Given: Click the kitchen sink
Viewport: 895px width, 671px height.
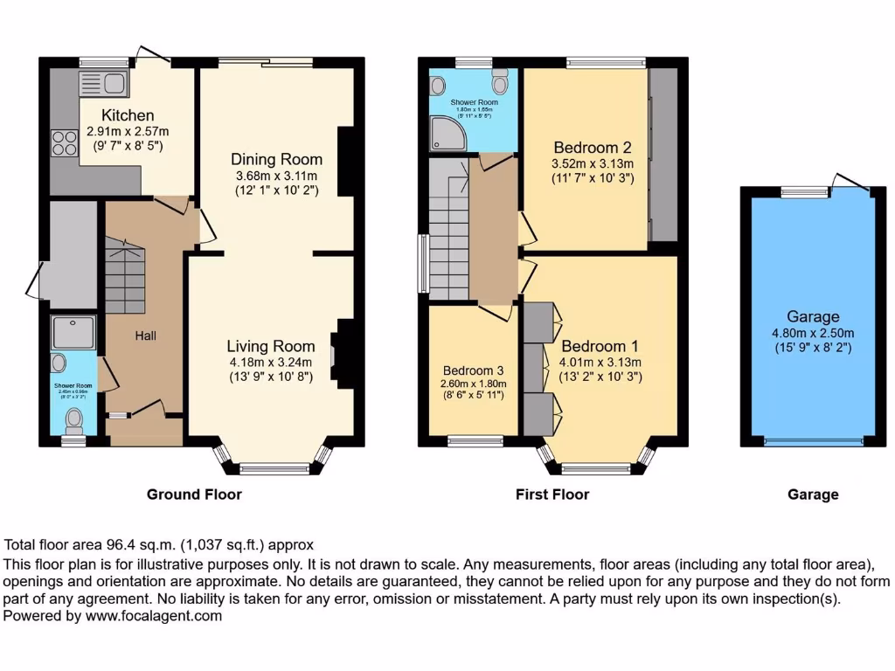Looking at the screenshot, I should (104, 84).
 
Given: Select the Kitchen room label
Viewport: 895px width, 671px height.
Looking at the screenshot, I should (128, 115).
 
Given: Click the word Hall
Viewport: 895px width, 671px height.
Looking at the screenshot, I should (146, 335).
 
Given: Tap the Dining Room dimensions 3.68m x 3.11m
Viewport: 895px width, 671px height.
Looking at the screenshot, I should (276, 176).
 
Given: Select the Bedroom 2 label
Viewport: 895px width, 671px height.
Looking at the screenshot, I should (592, 147).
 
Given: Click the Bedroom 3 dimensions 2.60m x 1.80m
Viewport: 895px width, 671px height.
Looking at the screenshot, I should (474, 383).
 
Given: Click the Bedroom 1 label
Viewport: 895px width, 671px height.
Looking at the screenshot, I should (593, 346).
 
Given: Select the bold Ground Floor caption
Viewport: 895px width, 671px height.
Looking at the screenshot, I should (194, 495).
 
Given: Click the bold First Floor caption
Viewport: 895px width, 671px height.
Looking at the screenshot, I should (552, 495).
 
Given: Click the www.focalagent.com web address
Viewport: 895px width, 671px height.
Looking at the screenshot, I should (153, 615).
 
